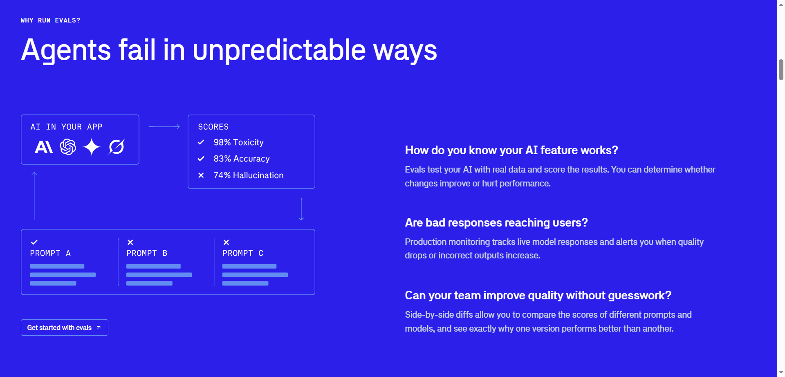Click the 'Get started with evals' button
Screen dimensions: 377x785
tap(64, 328)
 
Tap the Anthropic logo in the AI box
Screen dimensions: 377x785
tap(44, 147)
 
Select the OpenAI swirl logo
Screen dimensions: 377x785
tap(68, 147)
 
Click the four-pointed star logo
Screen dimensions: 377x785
tap(92, 147)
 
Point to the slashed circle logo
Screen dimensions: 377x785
tap(117, 147)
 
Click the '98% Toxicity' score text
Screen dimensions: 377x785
tap(238, 142)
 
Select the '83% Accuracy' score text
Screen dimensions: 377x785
tap(241, 159)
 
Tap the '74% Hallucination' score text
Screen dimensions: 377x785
tap(248, 175)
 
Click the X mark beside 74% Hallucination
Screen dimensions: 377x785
tap(201, 175)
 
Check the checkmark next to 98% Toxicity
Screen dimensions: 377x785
tap(201, 142)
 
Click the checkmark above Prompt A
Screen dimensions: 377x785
tap(34, 242)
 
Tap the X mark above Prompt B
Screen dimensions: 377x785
tap(130, 242)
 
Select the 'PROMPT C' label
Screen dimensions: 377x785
tap(243, 253)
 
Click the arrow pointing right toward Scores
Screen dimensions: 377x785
tap(164, 127)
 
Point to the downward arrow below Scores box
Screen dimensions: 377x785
tap(301, 209)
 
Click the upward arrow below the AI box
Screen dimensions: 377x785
tap(34, 196)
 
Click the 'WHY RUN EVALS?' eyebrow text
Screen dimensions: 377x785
tap(51, 20)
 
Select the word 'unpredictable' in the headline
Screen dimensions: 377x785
tap(279, 50)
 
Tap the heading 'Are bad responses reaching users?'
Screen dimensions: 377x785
tap(496, 222)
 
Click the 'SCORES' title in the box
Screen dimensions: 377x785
tap(213, 127)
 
